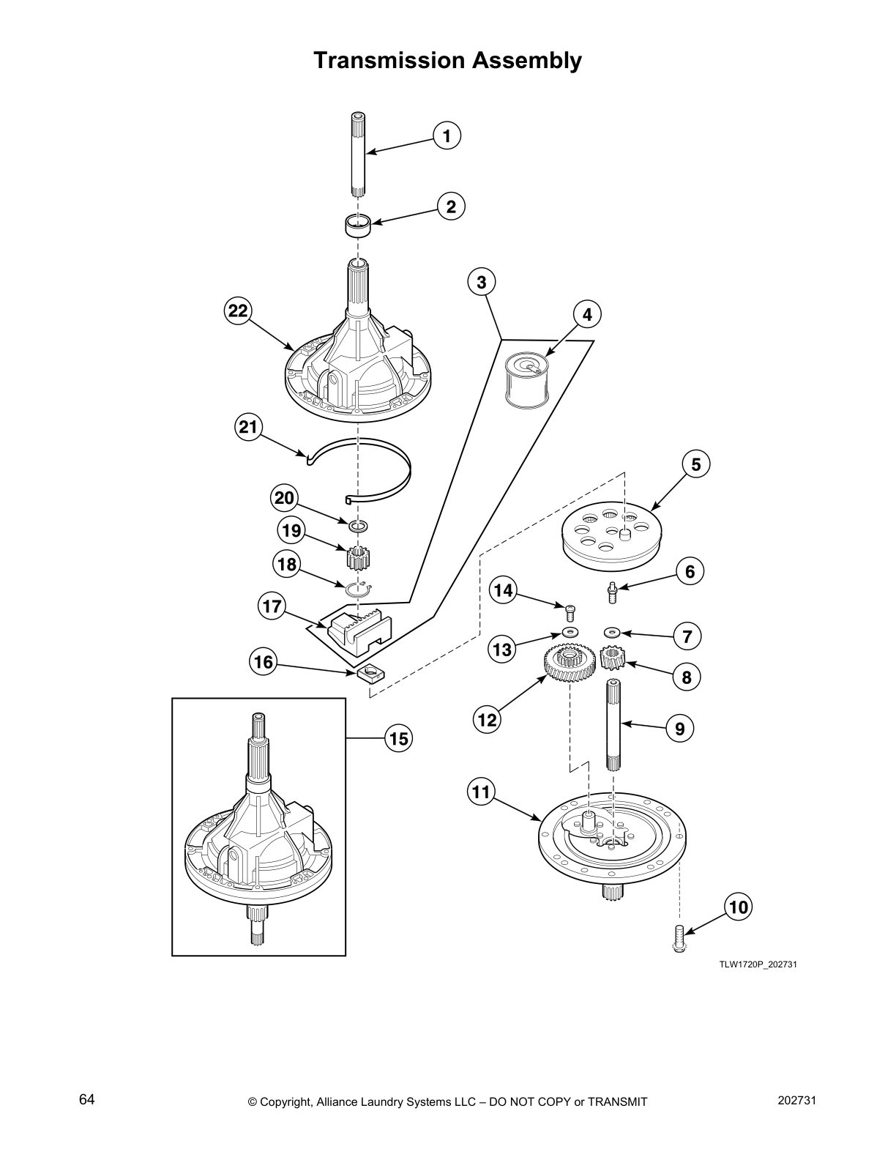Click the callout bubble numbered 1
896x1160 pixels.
[447, 135]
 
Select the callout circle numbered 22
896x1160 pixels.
[236, 311]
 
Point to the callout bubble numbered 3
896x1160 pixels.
[481, 282]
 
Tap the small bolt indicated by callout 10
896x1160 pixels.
[678, 938]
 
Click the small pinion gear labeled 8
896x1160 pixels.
[611, 658]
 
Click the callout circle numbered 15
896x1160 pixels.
[399, 739]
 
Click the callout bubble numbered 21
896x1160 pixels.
[249, 426]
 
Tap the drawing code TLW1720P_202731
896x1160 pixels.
[758, 964]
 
